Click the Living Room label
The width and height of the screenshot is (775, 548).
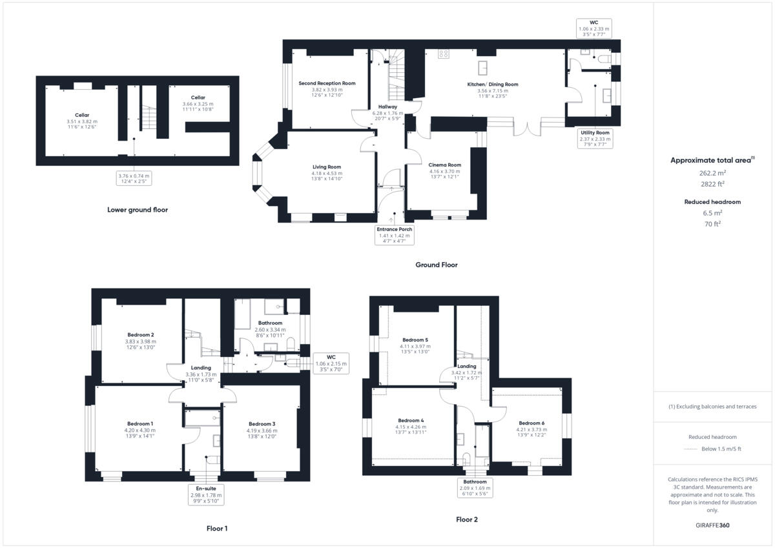pos(325,167)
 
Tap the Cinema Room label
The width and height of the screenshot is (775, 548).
pos(445,165)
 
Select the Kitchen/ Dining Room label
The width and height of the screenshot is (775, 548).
pos(493,85)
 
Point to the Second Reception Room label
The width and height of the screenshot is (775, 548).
pos(327,83)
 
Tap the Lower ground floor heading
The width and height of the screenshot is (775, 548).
pos(138,210)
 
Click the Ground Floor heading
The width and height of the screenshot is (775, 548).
pos(437,265)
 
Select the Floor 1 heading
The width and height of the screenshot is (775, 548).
pos(217,529)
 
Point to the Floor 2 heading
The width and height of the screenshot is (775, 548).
pos(466,520)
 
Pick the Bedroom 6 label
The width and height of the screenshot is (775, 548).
pos(531,423)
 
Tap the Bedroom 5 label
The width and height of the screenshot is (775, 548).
pos(415,340)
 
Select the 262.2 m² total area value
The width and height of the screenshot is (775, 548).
pos(712,172)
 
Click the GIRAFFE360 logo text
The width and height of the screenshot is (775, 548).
pos(712,525)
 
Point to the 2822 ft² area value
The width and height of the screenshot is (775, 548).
pos(712,183)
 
